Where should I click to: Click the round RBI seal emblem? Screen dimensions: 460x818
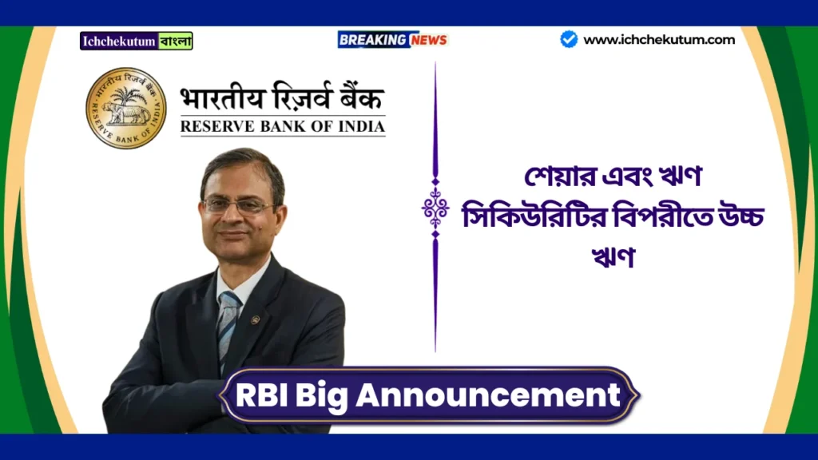coord(126,108)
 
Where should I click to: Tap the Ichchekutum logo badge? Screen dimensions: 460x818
coord(136,41)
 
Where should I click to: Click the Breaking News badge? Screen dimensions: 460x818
coord(392,39)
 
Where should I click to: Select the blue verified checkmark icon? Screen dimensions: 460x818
coord(569,39)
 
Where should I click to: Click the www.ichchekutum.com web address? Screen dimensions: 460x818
coord(659,39)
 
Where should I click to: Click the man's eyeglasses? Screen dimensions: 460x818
coord(237,205)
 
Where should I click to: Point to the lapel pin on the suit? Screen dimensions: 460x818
coord(255,320)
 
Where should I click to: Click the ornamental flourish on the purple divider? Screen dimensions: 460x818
coord(435,209)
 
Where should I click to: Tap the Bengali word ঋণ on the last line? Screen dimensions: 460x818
coord(613,256)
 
